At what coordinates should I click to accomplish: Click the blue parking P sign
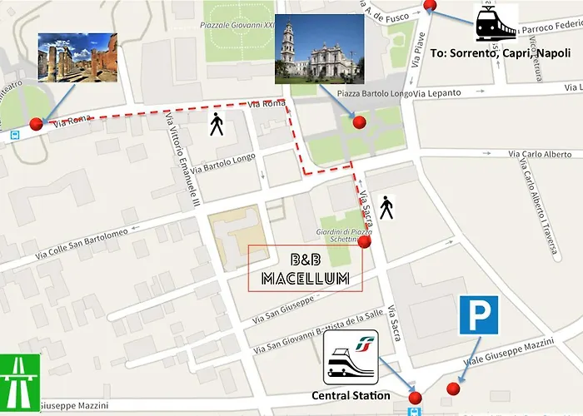tap(478, 315)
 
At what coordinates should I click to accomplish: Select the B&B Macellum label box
tap(306, 268)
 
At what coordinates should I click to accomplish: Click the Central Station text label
tap(351, 395)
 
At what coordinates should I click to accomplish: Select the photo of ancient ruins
tap(78, 57)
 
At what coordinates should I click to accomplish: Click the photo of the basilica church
tap(319, 48)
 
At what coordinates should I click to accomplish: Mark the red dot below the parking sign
tap(453, 389)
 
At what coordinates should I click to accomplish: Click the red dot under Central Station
tap(416, 398)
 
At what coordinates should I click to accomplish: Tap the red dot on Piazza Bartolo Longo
tap(359, 123)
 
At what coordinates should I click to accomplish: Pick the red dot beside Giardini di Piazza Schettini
tap(364, 242)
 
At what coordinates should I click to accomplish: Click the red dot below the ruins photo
tap(36, 124)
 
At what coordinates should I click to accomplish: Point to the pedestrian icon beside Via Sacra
tap(386, 207)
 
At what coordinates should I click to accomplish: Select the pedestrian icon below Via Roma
tap(217, 124)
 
